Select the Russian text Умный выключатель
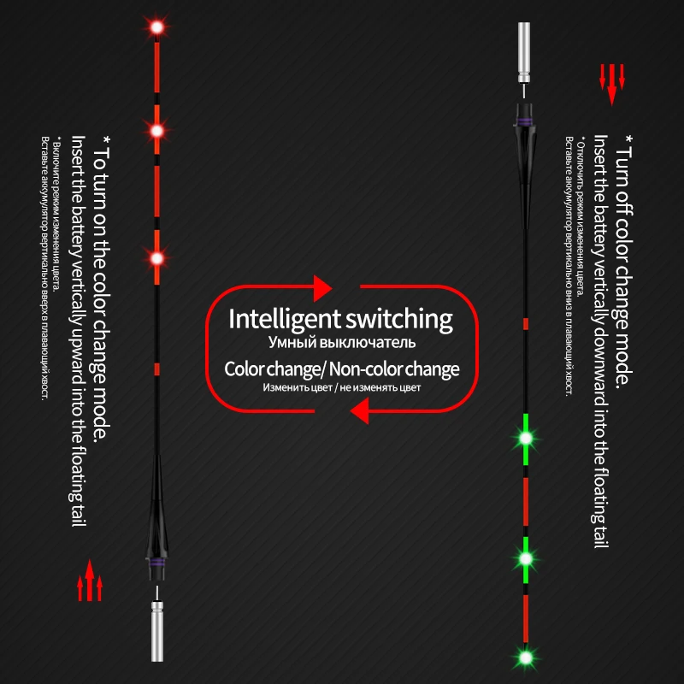(x=341, y=344)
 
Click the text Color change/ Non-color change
(x=341, y=369)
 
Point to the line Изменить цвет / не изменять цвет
(x=341, y=388)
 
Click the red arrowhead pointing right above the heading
(x=321, y=287)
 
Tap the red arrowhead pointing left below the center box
(x=360, y=413)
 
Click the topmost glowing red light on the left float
(x=156, y=28)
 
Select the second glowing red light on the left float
(x=156, y=131)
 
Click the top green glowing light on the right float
(x=525, y=438)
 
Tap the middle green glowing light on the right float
(x=525, y=557)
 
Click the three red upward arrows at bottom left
(x=90, y=587)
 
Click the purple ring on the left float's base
(x=156, y=566)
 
